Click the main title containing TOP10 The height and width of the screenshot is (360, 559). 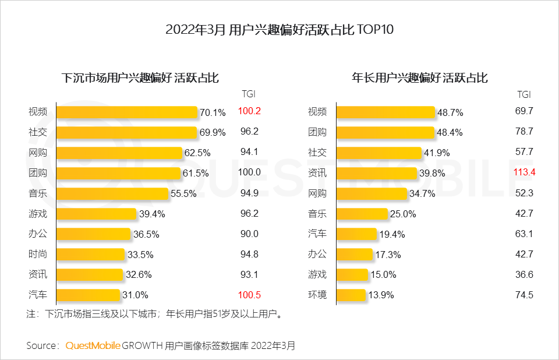tap(279, 30)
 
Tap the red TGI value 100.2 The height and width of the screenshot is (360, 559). tap(249, 111)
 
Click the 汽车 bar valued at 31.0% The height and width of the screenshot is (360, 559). tap(88, 295)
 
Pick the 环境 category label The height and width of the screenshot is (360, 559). tap(317, 295)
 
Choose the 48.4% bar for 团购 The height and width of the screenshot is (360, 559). tap(385, 132)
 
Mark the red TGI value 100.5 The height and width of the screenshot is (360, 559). tap(249, 295)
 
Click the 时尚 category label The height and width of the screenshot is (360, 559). tap(38, 254)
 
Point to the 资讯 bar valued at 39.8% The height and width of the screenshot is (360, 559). tap(376, 173)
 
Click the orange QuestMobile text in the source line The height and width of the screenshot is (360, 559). tap(93, 345)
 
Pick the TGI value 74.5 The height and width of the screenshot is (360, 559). tap(524, 295)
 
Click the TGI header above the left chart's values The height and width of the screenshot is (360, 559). tap(249, 94)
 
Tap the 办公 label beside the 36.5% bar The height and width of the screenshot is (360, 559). tap(38, 234)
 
